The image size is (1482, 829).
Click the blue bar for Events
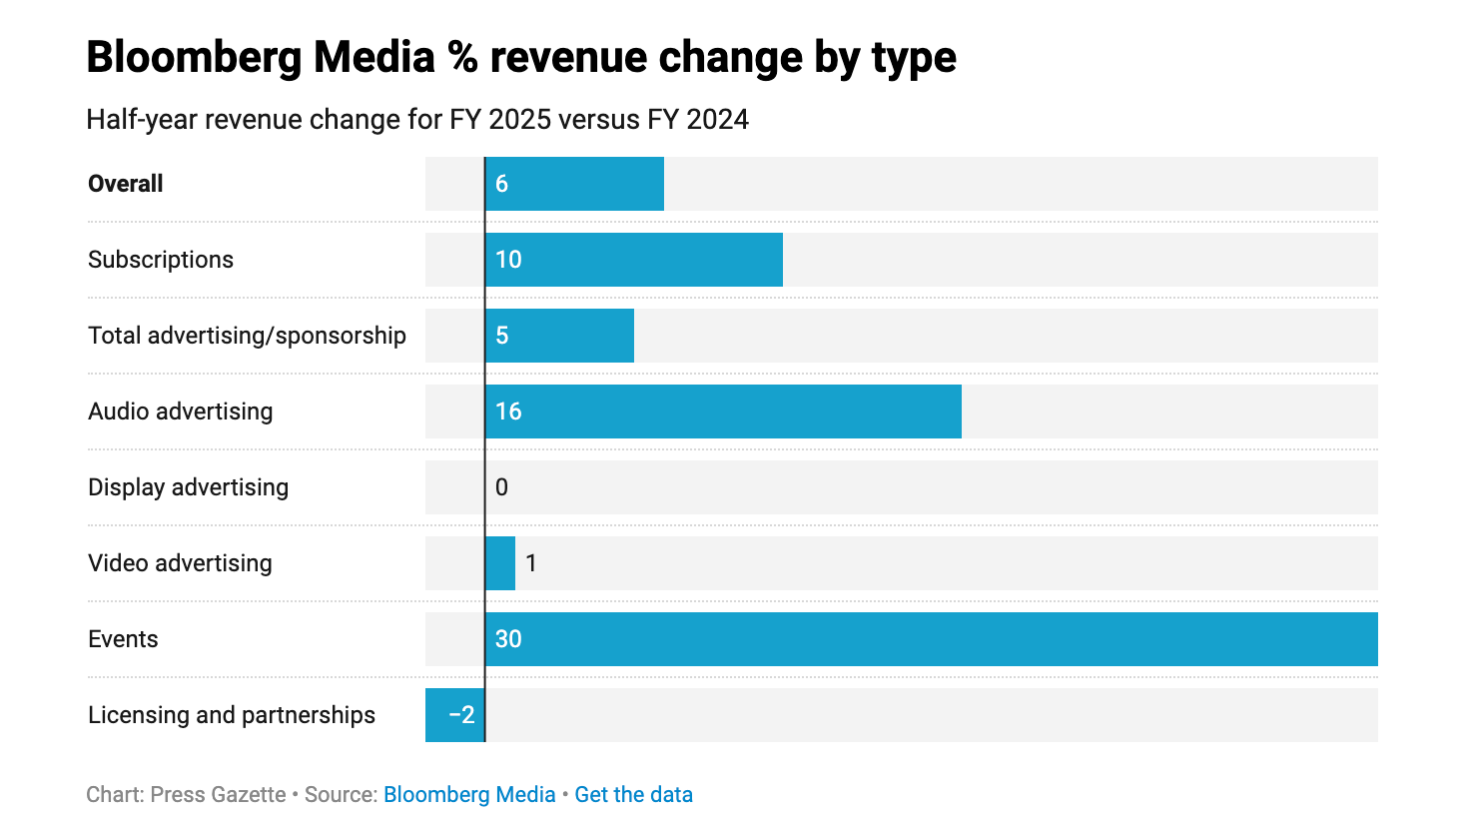coord(931,639)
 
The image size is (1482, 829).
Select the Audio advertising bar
coord(723,412)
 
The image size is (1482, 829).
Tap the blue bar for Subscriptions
coord(634,260)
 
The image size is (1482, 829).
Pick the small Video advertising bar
coord(500,563)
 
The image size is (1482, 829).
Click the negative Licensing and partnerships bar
coord(454,715)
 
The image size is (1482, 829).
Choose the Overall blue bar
coord(574,184)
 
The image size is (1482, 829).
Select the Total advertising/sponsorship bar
coord(559,336)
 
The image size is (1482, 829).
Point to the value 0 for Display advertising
coord(501,487)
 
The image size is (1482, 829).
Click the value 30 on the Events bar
coord(508,639)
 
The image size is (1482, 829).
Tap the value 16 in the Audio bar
coord(508,412)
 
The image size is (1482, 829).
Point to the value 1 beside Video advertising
coord(531,563)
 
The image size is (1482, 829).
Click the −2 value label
coord(461,715)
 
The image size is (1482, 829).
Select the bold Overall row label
coord(126,184)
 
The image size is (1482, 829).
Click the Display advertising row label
coord(188,487)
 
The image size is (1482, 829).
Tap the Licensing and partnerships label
coord(232,715)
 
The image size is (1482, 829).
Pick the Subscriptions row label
coord(161,260)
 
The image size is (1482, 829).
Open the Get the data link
coord(633,795)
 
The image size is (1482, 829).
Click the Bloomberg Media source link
coord(469,795)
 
